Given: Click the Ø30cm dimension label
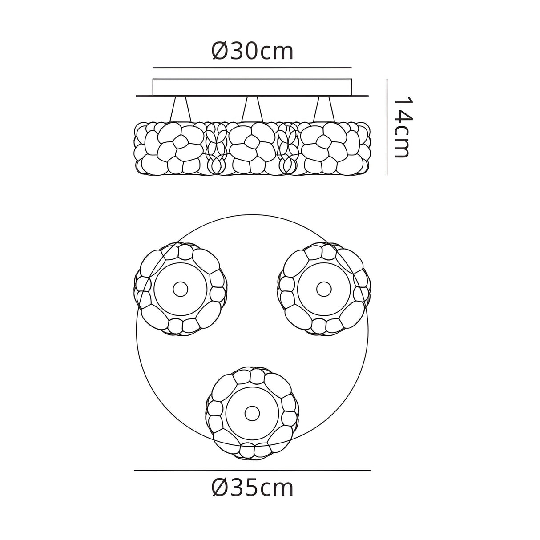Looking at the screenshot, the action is [x=252, y=51].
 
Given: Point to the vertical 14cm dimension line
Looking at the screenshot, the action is [x=387, y=127].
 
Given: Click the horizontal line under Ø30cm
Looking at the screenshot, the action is [x=252, y=68].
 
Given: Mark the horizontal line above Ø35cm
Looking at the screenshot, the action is [x=252, y=471].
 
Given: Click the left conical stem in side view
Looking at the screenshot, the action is [x=181, y=109].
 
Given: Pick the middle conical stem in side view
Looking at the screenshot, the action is [x=252, y=109].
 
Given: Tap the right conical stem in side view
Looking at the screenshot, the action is [x=324, y=109].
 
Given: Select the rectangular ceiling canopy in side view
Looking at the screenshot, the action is [x=252, y=87].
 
